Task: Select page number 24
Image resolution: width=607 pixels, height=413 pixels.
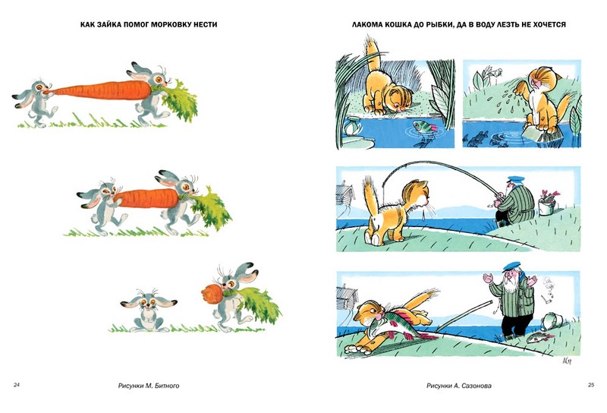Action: pyautogui.click(x=17, y=385)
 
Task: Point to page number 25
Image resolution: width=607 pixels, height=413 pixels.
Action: pyautogui.click(x=591, y=385)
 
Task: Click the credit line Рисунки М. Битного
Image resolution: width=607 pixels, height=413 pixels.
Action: pyautogui.click(x=149, y=386)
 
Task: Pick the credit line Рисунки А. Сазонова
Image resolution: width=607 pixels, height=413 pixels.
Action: pyautogui.click(x=459, y=386)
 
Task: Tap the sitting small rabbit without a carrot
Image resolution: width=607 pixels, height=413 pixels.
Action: pyautogui.click(x=148, y=311)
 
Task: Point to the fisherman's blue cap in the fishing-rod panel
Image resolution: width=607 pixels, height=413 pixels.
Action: pyautogui.click(x=516, y=179)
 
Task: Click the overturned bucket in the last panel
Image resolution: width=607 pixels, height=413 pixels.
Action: pyautogui.click(x=552, y=322)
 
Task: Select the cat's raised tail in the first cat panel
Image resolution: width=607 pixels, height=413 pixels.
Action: pyautogui.click(x=372, y=53)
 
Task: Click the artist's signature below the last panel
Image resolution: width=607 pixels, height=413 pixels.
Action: pyautogui.click(x=566, y=361)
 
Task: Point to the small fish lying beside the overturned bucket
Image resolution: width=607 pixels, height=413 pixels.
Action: pyautogui.click(x=540, y=338)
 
